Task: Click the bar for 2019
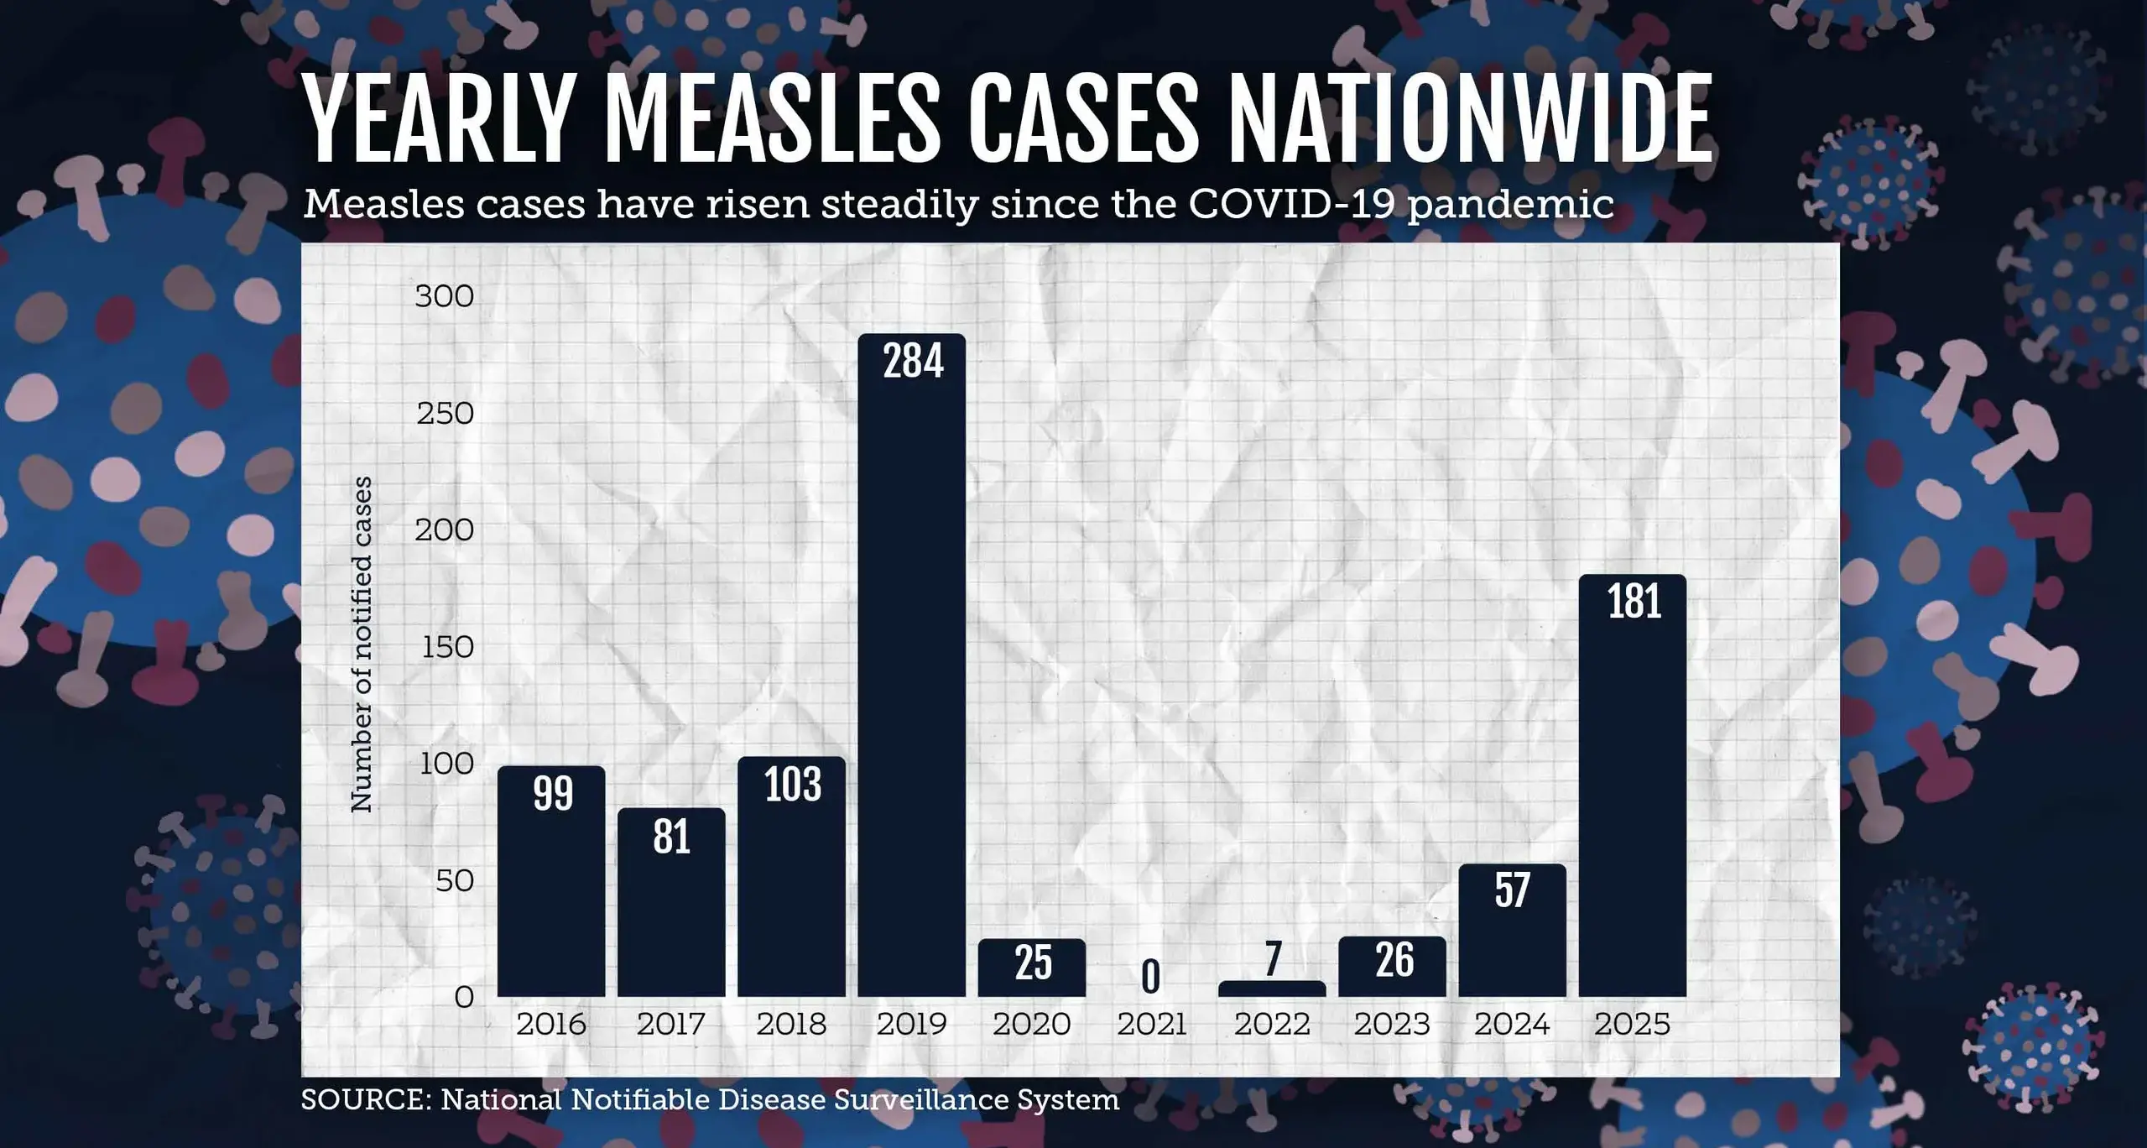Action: point(911,671)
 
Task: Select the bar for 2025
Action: point(1632,789)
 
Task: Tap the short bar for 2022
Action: point(1272,989)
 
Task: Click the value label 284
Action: point(913,361)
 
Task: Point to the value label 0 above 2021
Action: point(1151,977)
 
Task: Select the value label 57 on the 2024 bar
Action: point(1512,890)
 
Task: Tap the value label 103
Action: point(792,785)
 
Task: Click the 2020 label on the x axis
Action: point(1031,1025)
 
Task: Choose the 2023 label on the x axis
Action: point(1392,1025)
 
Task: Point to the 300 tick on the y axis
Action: point(444,296)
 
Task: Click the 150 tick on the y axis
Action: point(447,647)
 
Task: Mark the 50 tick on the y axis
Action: point(454,881)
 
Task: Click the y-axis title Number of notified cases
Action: point(361,644)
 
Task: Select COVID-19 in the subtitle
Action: point(1292,204)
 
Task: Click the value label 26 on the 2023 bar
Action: point(1394,960)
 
